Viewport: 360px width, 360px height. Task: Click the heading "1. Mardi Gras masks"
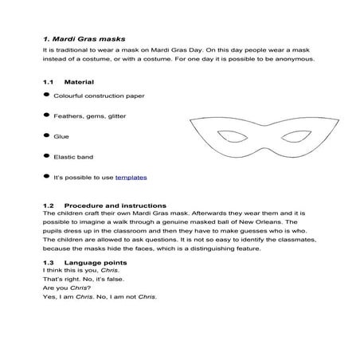84,38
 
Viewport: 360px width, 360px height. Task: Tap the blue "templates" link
131,177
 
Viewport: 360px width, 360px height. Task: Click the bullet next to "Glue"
47,135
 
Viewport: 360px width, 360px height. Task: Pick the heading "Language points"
92,262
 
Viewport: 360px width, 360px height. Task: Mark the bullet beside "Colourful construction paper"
47,95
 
